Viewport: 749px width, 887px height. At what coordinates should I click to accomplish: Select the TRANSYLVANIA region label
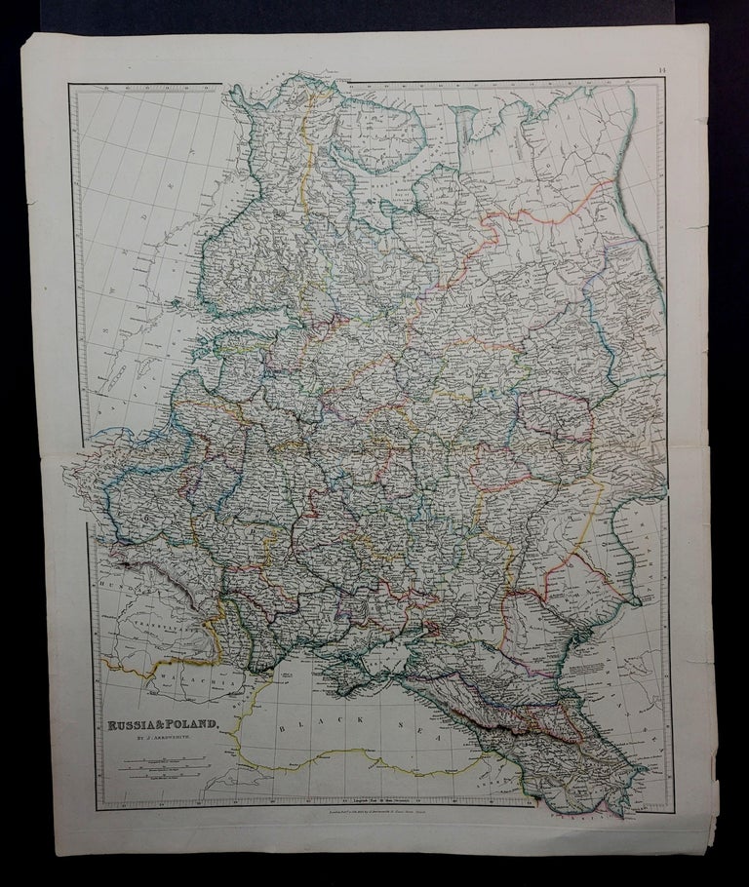coord(146,625)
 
